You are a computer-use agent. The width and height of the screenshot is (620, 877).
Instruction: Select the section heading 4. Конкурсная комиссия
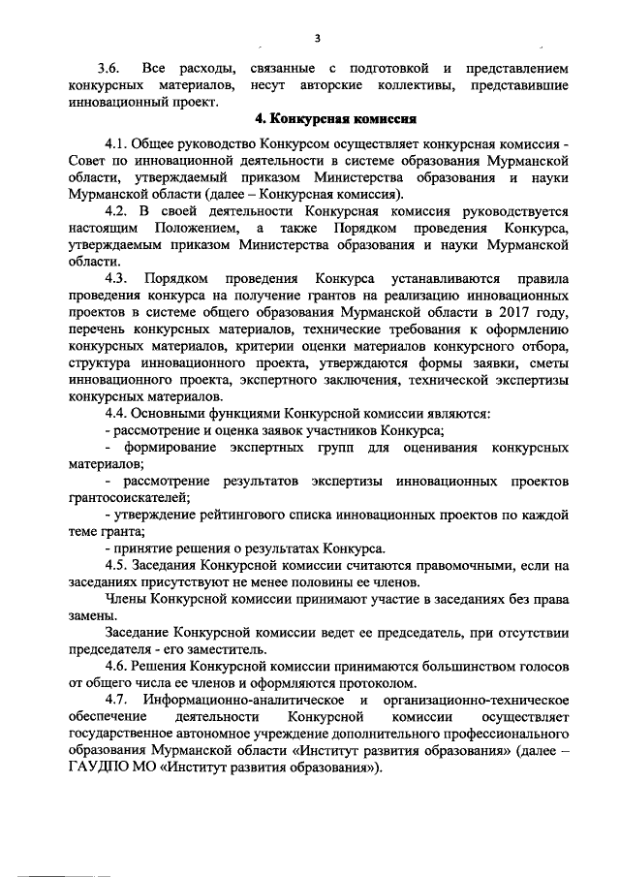pos(335,121)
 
